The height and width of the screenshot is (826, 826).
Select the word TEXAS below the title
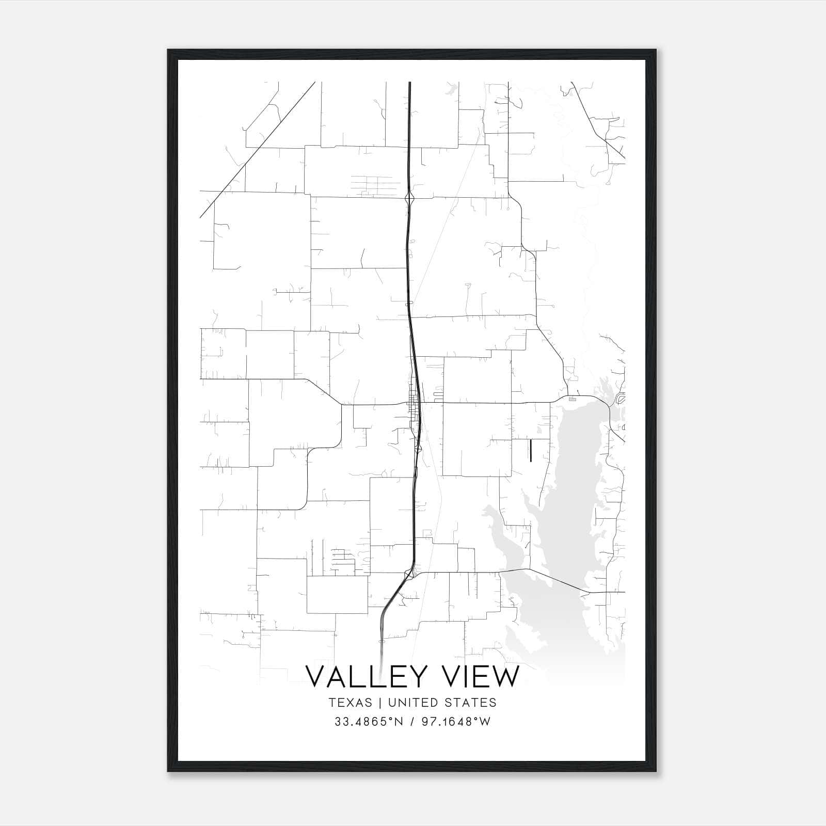coord(350,703)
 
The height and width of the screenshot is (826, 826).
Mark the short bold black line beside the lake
coord(531,449)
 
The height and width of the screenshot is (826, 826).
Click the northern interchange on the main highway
coord(409,197)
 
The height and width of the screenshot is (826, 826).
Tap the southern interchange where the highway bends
coord(409,573)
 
